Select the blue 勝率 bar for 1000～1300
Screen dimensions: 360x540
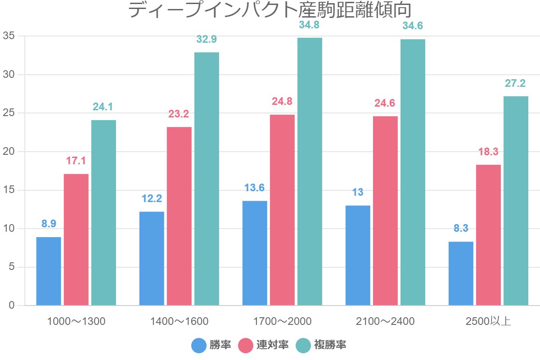pos(49,271)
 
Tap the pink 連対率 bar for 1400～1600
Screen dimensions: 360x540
pos(179,216)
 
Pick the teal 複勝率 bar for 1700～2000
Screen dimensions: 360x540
pos(310,171)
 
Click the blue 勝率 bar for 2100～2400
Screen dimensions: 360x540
pos(358,256)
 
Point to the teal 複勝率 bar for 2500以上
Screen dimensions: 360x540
pos(516,201)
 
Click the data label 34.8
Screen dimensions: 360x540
pos(310,25)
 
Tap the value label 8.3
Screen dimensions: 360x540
pos(461,228)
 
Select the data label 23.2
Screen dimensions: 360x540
pos(179,114)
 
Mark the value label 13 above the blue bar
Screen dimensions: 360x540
pos(358,192)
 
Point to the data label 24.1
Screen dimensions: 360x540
pos(103,107)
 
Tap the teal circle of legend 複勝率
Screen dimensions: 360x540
pos(303,345)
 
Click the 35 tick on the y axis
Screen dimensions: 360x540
pos(9,36)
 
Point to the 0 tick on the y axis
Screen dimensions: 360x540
pos(12,306)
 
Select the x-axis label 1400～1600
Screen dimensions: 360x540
pos(179,321)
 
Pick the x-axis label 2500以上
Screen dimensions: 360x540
pos(488,321)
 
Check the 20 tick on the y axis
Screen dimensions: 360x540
pos(9,152)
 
